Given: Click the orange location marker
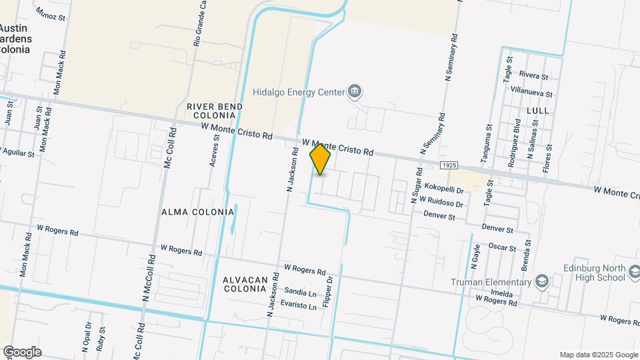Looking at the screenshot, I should pos(321,159).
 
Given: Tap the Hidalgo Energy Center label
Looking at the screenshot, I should pos(297,92).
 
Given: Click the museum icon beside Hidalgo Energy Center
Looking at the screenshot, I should pos(355,91).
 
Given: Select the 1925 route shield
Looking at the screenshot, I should pos(448,164).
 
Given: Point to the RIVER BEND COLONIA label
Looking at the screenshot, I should pos(214,111).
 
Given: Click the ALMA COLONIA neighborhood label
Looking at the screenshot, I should pos(198,212).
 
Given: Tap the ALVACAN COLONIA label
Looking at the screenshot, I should pos(245,285).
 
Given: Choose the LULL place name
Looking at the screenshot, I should pos(537,110).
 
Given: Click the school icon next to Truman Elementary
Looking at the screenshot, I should pos(541,281).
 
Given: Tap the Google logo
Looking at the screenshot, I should pos(22,351).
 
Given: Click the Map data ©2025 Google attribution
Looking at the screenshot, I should pos(597,355).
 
